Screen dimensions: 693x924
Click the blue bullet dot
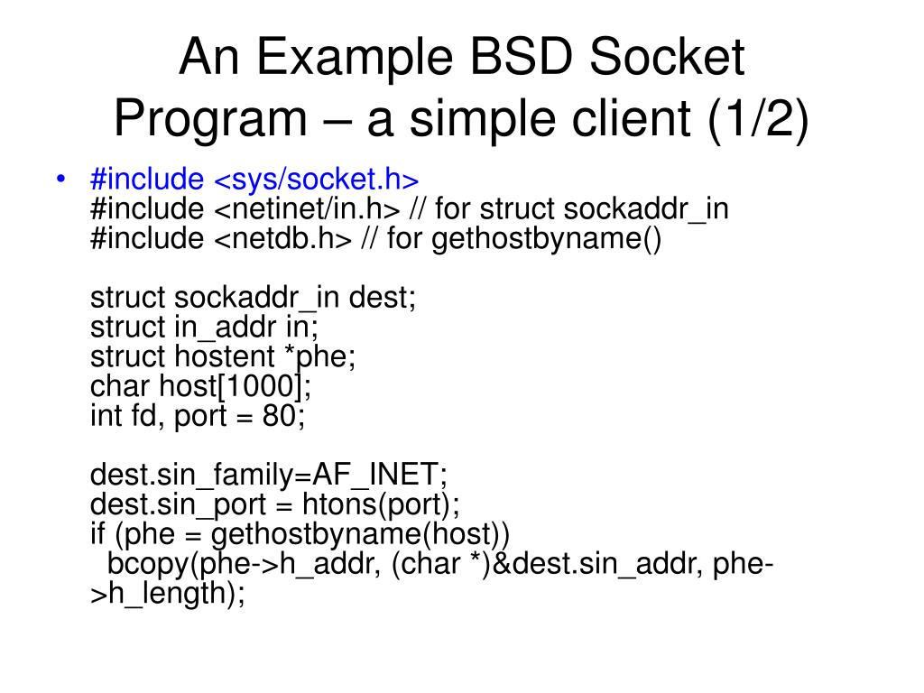click(60, 180)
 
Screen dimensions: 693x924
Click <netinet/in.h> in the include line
click(307, 209)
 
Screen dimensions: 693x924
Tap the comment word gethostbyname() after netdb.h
click(547, 239)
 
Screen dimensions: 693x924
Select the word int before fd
click(104, 416)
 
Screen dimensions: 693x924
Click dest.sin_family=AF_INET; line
click(269, 475)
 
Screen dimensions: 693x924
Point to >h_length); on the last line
click(168, 594)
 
